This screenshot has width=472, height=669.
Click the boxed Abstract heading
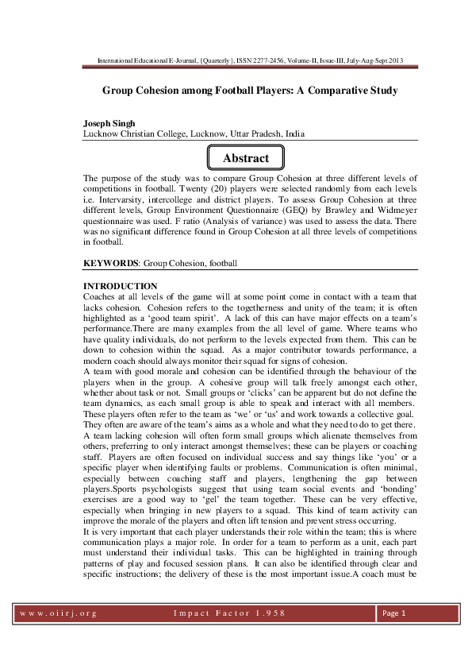(245, 158)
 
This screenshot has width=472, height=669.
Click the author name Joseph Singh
(109, 125)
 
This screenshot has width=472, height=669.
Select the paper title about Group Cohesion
(250, 91)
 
